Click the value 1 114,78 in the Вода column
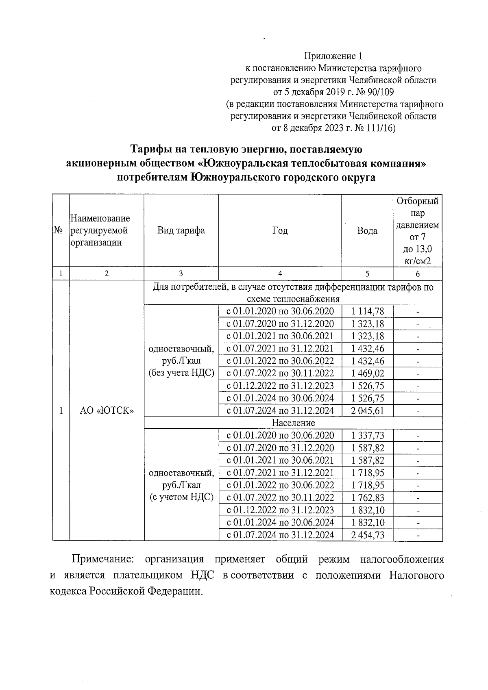[367, 312]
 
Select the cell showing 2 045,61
[367, 410]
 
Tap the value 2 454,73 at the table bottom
[367, 535]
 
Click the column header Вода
[367, 231]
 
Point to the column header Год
[280, 231]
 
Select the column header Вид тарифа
[181, 231]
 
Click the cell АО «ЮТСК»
[107, 411]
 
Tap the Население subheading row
[293, 423]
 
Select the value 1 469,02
[367, 373]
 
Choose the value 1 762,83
[367, 497]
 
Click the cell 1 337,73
[367, 436]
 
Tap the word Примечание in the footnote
[102, 559]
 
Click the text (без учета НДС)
[181, 373]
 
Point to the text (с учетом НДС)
[181, 497]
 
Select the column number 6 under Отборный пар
[418, 274]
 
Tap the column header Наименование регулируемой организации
[100, 231]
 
